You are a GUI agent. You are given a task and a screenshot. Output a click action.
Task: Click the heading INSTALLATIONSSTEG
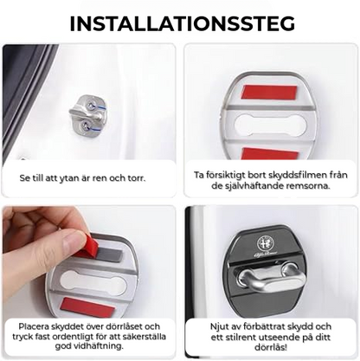point(180,23)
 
